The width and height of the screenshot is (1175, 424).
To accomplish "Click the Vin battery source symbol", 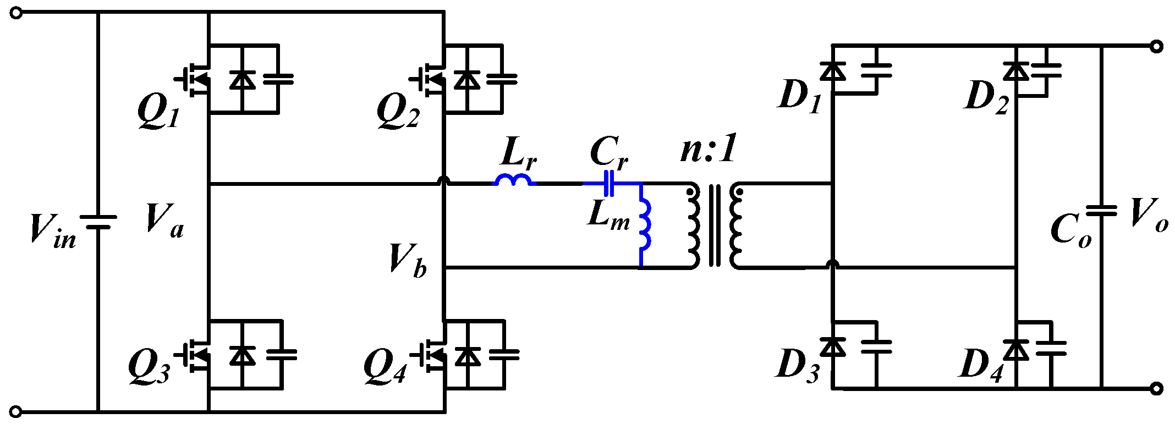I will click(98, 222).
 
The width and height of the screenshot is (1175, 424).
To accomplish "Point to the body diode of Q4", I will click(468, 356).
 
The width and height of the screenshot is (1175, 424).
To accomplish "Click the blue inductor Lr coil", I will click(514, 180).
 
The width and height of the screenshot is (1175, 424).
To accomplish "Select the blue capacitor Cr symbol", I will click(608, 184).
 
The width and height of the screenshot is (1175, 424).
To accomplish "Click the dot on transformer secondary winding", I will click(739, 192).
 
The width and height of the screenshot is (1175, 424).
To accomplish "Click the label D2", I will click(987, 97).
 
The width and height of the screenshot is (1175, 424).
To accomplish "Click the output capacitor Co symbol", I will click(1101, 211).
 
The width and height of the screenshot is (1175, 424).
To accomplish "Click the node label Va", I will click(164, 220).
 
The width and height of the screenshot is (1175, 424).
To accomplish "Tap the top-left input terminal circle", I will click(17, 13).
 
